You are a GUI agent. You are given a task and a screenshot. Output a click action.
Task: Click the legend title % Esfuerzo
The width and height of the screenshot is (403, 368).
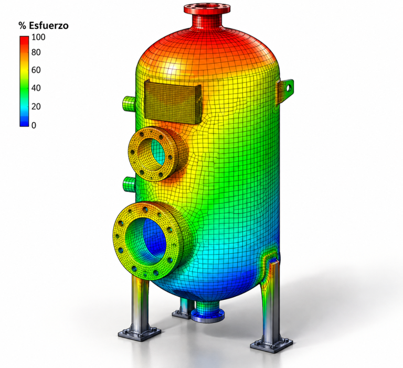[44, 26]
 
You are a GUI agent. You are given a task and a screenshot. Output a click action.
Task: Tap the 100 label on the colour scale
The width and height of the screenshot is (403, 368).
[38, 37]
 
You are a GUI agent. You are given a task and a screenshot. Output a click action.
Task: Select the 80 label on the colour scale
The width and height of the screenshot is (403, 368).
[36, 52]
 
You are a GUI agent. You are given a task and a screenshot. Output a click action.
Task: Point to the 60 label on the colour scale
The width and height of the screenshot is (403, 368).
[36, 70]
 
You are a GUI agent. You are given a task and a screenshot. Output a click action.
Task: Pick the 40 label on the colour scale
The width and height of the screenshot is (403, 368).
[36, 88]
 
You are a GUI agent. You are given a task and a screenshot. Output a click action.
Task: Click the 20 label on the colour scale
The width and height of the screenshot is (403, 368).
[36, 106]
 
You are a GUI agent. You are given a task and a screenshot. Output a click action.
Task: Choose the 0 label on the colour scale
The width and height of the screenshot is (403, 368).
[34, 125]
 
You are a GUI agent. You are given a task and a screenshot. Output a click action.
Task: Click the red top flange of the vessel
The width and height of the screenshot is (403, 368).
[207, 8]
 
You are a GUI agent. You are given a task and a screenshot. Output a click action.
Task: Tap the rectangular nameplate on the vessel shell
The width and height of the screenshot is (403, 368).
[173, 102]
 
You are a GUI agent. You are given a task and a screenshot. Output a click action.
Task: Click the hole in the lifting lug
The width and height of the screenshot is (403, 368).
[288, 88]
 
